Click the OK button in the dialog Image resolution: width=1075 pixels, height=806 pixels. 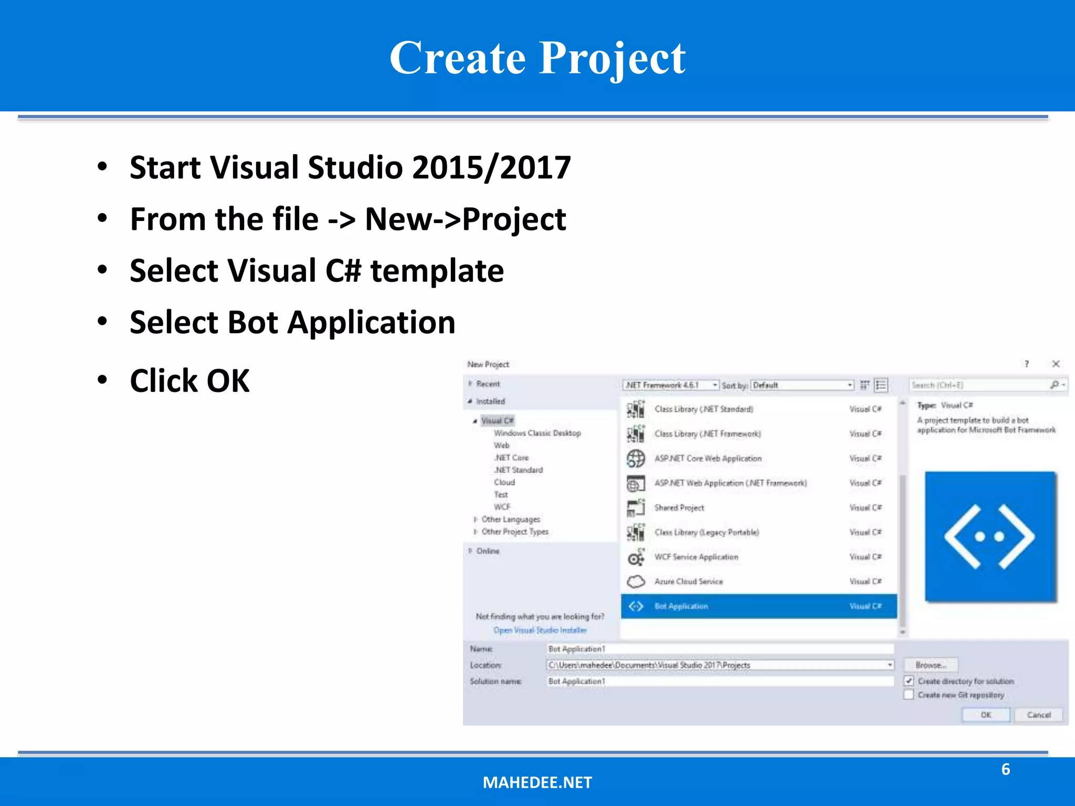(985, 715)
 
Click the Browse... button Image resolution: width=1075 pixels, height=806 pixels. (931, 665)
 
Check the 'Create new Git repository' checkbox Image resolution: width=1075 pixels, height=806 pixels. (909, 695)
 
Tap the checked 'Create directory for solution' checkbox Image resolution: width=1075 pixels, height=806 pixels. (909, 681)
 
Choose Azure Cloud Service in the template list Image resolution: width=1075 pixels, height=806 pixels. (688, 581)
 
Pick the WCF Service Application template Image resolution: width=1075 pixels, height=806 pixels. (695, 557)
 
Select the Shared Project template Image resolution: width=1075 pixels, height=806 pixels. (679, 507)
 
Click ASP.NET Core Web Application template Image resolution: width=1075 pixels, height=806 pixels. (708, 458)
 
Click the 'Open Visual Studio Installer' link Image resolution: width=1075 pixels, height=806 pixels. (540, 630)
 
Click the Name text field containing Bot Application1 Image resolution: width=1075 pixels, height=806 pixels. (719, 649)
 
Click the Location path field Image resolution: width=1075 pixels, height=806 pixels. (716, 665)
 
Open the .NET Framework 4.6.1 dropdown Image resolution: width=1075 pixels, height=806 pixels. (671, 385)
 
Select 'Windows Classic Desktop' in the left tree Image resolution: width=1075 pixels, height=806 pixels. (537, 433)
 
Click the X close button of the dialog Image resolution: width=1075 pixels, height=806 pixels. (1056, 364)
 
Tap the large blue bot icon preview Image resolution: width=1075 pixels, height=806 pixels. (990, 536)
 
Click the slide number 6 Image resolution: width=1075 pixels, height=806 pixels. (1005, 769)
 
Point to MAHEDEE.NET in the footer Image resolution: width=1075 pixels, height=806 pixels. (537, 782)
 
